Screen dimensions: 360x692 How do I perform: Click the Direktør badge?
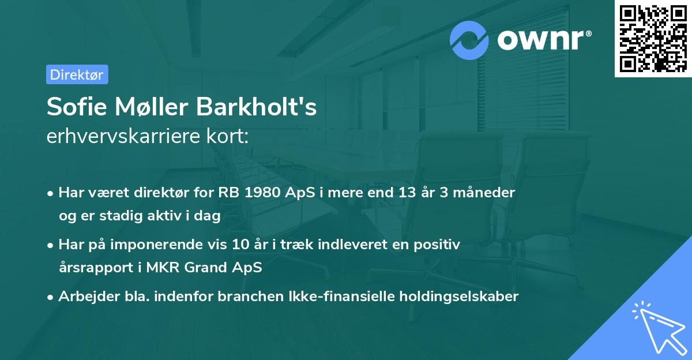tap(77, 74)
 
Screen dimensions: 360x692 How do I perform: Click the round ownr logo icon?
tap(469, 40)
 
